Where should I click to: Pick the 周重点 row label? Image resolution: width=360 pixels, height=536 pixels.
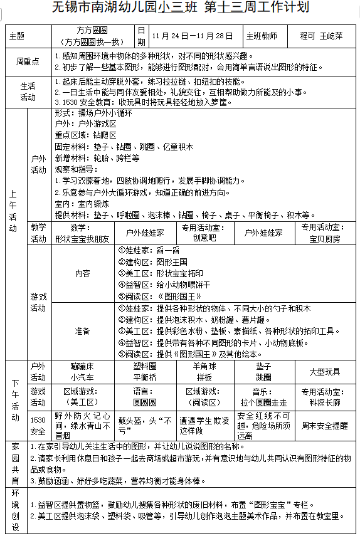pyautogui.click(x=28, y=61)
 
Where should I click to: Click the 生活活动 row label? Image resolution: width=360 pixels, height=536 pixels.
pyautogui.click(x=28, y=92)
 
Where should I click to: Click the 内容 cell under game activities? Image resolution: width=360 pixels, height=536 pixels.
pyautogui.click(x=82, y=273)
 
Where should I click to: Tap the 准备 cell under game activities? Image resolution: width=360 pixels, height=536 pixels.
pyautogui.click(x=82, y=330)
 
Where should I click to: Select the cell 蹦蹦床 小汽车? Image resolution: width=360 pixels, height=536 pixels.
pyautogui.click(x=82, y=372)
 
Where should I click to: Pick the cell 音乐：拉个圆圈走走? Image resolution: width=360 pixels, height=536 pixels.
pyautogui.click(x=263, y=397)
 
